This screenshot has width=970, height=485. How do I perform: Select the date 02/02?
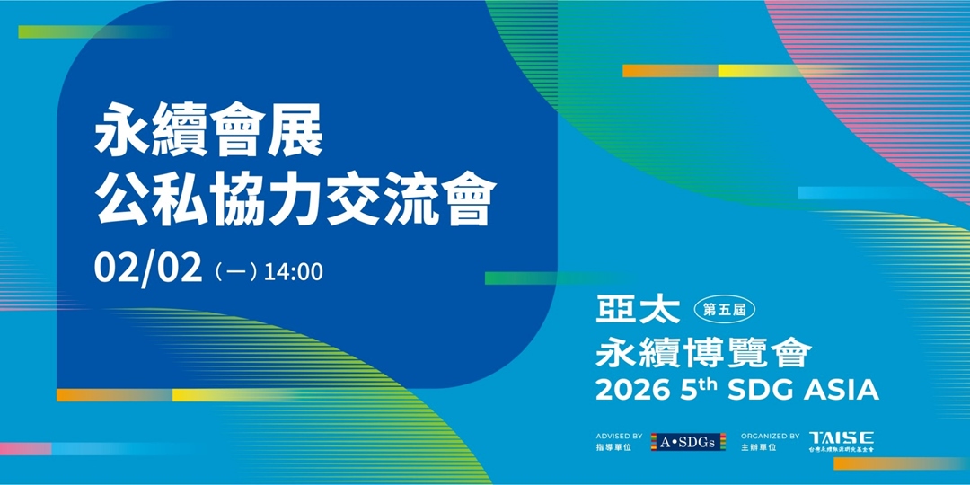coord(148,269)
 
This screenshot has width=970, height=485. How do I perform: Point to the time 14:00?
coord(293,271)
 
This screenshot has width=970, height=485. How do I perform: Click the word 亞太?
coord(639,310)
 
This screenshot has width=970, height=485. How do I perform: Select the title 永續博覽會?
coord(703,351)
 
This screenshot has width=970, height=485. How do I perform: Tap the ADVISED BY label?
coord(620,436)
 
